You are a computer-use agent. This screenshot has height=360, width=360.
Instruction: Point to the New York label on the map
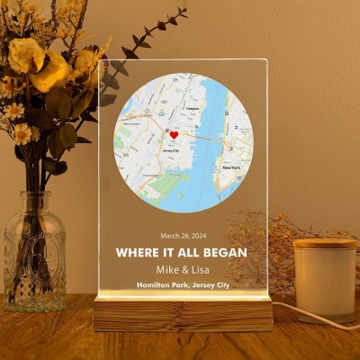pyautogui.click(x=231, y=167)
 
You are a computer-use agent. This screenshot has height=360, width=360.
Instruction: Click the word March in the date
pyautogui.click(x=169, y=237)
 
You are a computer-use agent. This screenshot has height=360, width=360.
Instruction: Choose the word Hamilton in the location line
pyautogui.click(x=155, y=285)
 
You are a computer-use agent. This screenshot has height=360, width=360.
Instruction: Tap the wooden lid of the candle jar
pyautogui.click(x=325, y=243)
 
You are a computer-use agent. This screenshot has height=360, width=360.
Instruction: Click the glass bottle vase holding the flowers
pyautogui.click(x=34, y=261)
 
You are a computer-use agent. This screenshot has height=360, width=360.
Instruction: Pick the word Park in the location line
pyautogui.click(x=185, y=285)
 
